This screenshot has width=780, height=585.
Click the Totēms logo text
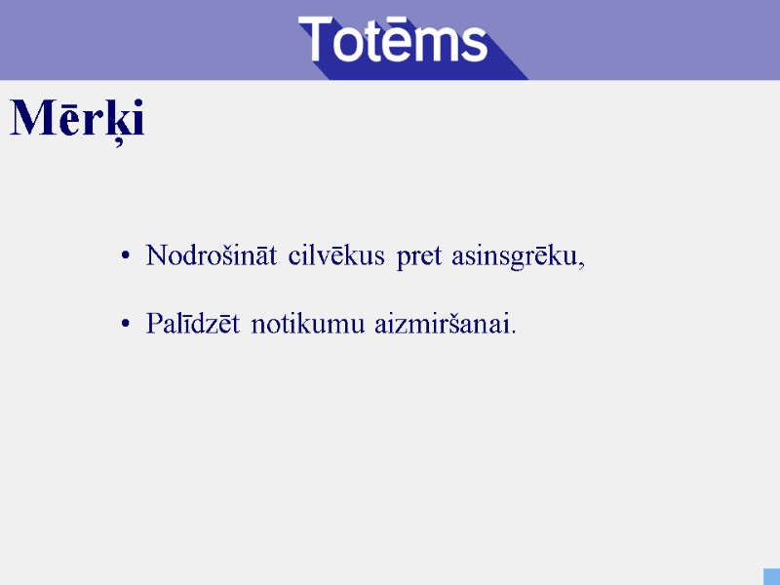(392, 41)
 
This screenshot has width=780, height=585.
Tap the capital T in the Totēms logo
(319, 40)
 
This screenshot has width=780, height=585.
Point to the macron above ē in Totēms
(399, 22)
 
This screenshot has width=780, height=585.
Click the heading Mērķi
(77, 120)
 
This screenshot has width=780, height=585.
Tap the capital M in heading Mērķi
(32, 119)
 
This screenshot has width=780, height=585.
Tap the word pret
(419, 258)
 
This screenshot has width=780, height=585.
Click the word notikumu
(309, 324)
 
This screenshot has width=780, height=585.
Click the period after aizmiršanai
(514, 331)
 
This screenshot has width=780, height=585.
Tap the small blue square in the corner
(770, 576)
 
